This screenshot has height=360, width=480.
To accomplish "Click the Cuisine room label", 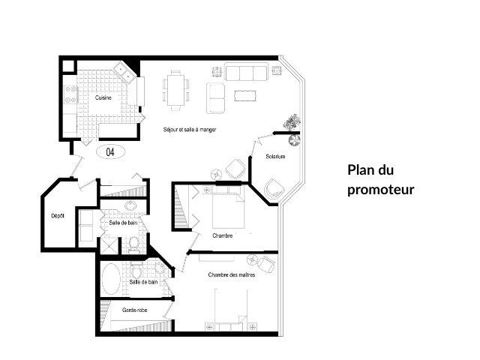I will [x=103, y=98].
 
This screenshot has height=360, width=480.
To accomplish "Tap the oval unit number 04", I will [x=110, y=151].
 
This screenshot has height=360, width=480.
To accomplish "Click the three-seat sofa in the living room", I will [x=246, y=73].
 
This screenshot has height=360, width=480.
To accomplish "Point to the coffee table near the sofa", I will [x=245, y=95].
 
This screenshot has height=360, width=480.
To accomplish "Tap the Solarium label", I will [x=275, y=157].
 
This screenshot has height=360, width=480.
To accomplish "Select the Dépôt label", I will [x=58, y=216].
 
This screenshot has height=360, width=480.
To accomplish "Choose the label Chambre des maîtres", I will [x=232, y=275].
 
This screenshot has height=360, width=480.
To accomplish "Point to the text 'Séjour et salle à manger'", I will [x=190, y=130].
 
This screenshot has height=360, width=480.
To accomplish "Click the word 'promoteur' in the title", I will [x=380, y=189].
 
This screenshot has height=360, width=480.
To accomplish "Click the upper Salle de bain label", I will [x=123, y=223].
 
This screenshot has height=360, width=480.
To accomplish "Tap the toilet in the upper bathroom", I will [x=133, y=242].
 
